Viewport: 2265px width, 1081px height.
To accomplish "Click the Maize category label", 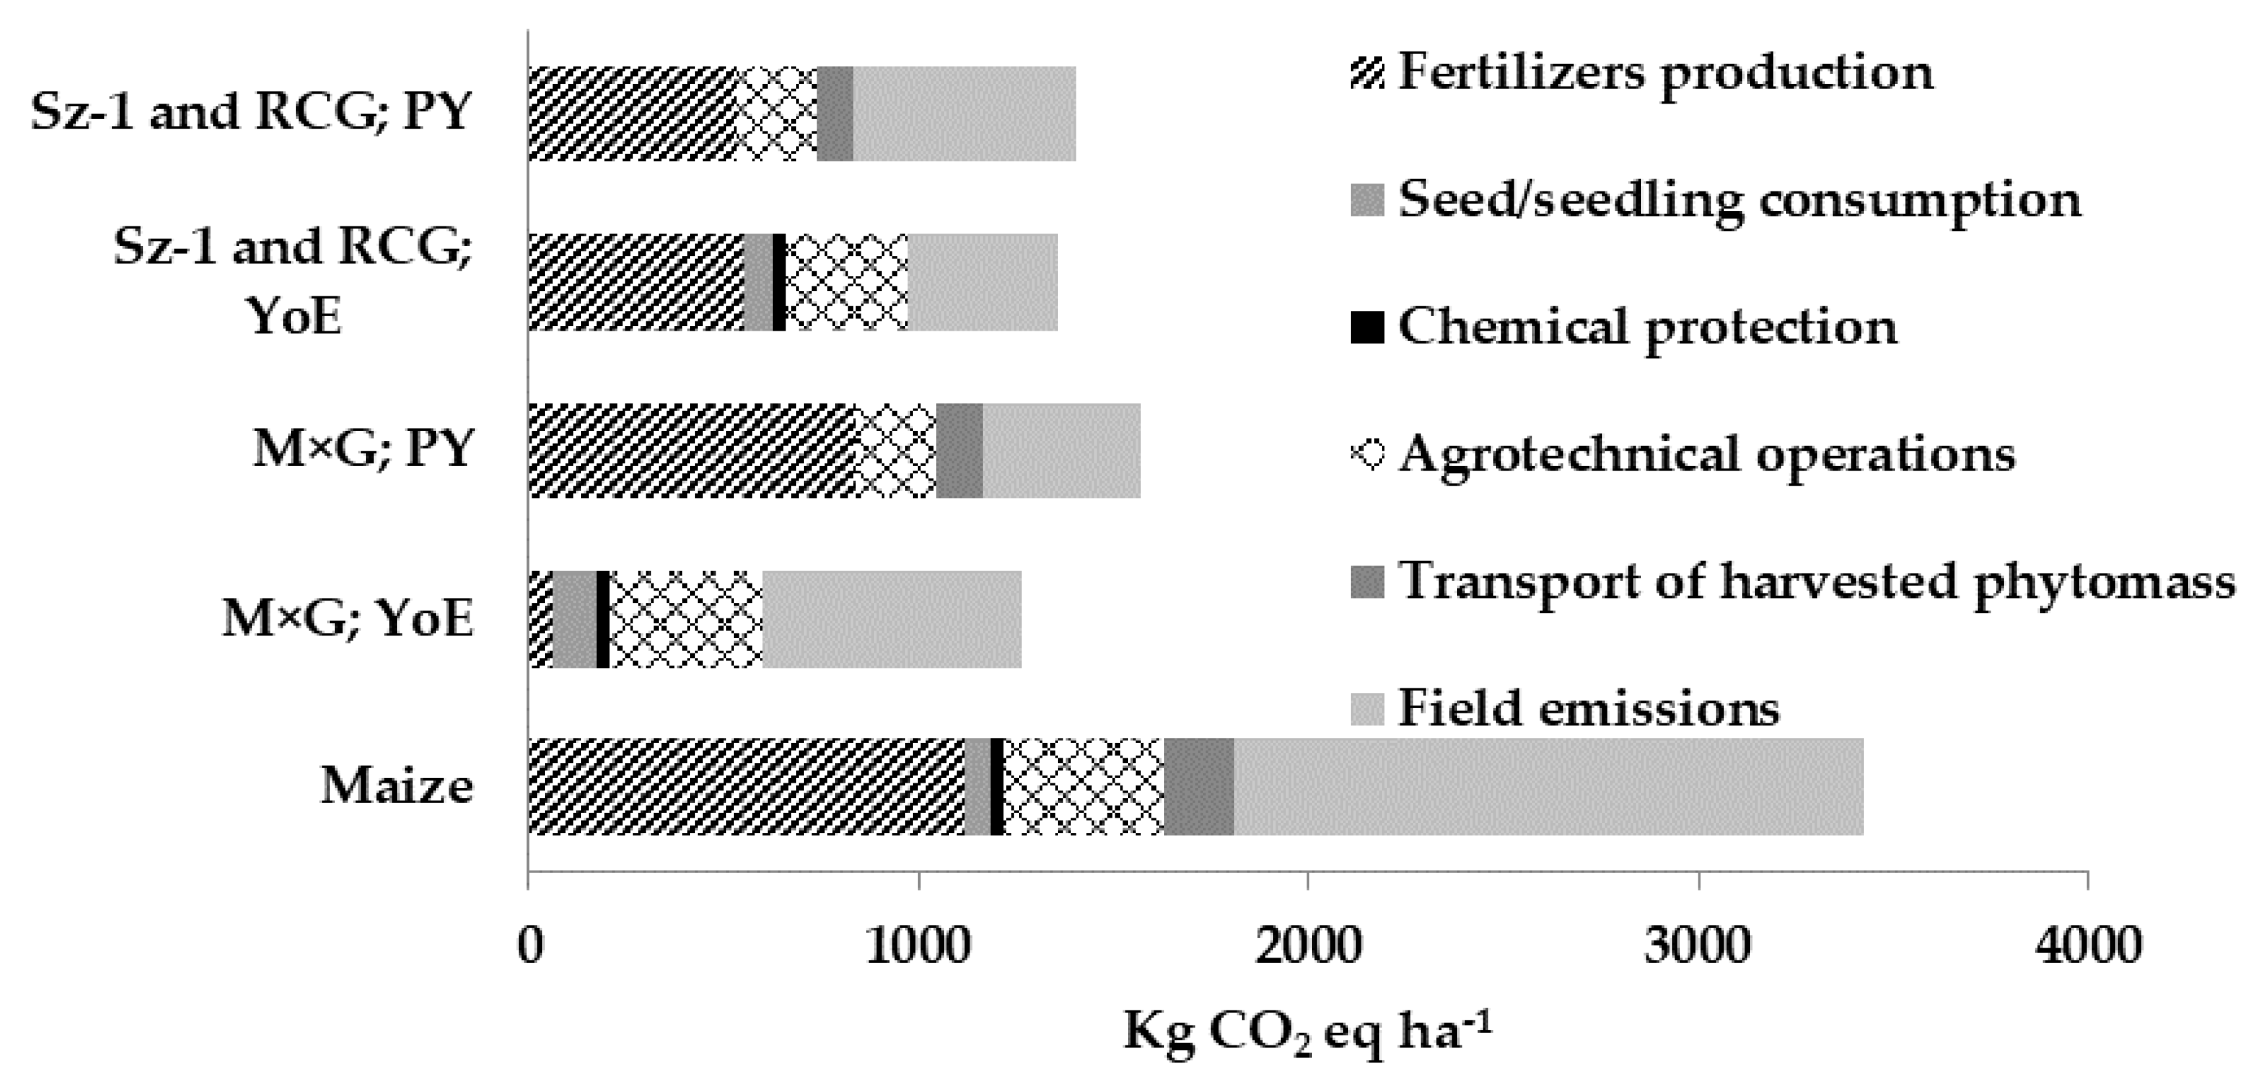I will [x=396, y=785].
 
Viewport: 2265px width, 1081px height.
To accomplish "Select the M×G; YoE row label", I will [x=348, y=619].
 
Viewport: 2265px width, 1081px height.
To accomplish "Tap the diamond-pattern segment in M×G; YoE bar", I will [x=685, y=619].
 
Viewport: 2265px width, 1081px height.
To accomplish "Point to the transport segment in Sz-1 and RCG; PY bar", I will [x=835, y=114].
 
